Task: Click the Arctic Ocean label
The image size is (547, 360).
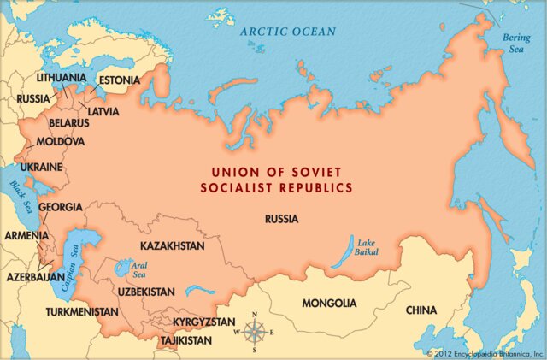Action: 288,32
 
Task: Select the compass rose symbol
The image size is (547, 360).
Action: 254,333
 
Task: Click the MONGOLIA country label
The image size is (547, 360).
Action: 329,304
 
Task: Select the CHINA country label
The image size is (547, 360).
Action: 421,310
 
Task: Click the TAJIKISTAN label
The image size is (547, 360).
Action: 185,340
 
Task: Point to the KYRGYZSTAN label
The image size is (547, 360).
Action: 203,322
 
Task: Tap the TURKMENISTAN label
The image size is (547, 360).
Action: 82,312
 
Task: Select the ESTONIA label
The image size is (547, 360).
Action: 119,80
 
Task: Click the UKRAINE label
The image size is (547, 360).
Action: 41,167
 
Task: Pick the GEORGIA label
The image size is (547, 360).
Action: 61,207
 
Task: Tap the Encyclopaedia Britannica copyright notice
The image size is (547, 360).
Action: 485,352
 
